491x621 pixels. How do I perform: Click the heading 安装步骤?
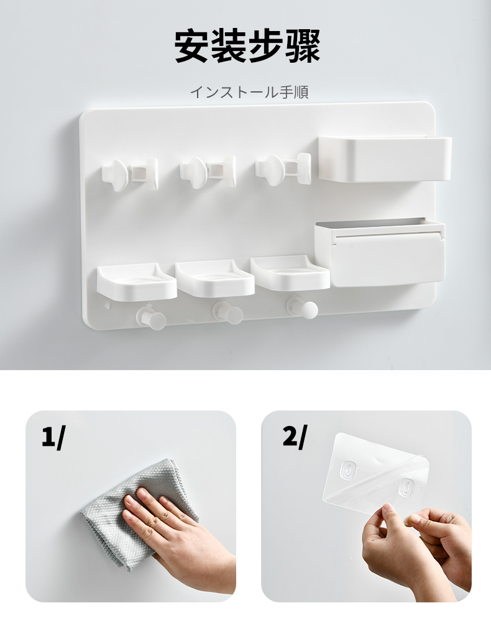[247, 46]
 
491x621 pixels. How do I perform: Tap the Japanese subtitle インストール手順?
[249, 92]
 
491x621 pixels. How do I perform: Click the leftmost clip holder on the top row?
[129, 173]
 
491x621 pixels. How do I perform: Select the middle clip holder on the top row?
[208, 171]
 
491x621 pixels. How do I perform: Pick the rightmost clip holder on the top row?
[283, 169]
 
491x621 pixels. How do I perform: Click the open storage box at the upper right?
[385, 158]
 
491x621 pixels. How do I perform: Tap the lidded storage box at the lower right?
[380, 252]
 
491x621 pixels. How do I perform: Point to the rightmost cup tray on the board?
[290, 273]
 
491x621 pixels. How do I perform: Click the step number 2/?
[295, 437]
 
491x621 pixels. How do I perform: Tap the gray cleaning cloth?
[140, 514]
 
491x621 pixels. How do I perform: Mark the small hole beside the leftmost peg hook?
[107, 306]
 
